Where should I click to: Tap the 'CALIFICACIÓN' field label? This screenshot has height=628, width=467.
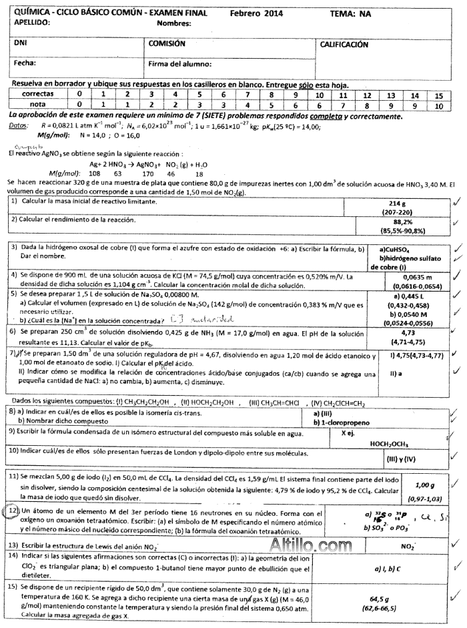click(x=344, y=45)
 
